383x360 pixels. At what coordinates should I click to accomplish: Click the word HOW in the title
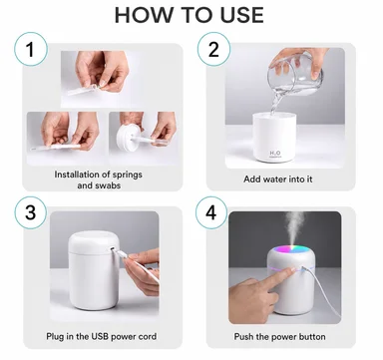145,15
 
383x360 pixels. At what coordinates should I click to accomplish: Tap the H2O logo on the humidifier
275,154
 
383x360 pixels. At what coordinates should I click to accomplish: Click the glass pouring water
295,75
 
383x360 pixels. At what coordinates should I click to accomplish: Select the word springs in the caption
127,175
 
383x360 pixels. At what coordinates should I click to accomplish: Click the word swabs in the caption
108,185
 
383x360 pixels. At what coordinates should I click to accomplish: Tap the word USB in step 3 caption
100,336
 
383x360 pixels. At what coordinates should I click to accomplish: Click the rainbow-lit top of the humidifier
291,251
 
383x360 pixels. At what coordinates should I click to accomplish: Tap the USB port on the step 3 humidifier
113,249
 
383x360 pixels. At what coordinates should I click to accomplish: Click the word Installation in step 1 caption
79,175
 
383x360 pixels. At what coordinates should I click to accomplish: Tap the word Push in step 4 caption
241,337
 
